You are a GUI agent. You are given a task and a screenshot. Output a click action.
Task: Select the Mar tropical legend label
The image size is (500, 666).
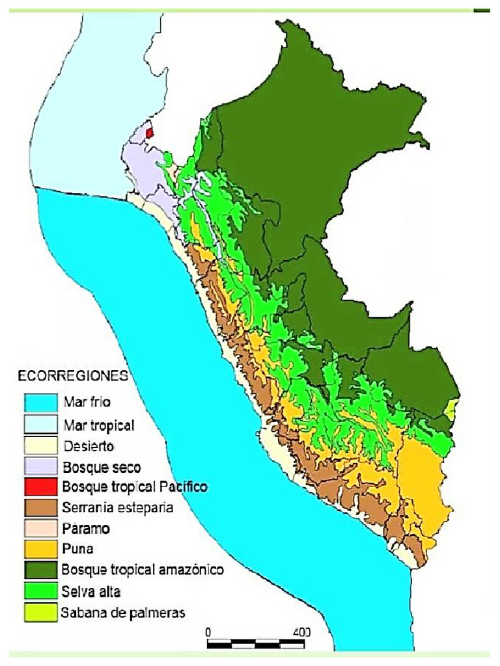(x=99, y=426)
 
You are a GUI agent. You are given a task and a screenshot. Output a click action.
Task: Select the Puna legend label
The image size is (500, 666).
(x=76, y=549)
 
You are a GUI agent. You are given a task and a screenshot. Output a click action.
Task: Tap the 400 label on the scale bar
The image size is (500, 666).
(x=301, y=632)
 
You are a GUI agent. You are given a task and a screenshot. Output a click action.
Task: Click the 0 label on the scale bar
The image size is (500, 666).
(x=208, y=632)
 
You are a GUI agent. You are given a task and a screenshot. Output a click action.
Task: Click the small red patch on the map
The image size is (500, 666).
(x=150, y=132)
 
